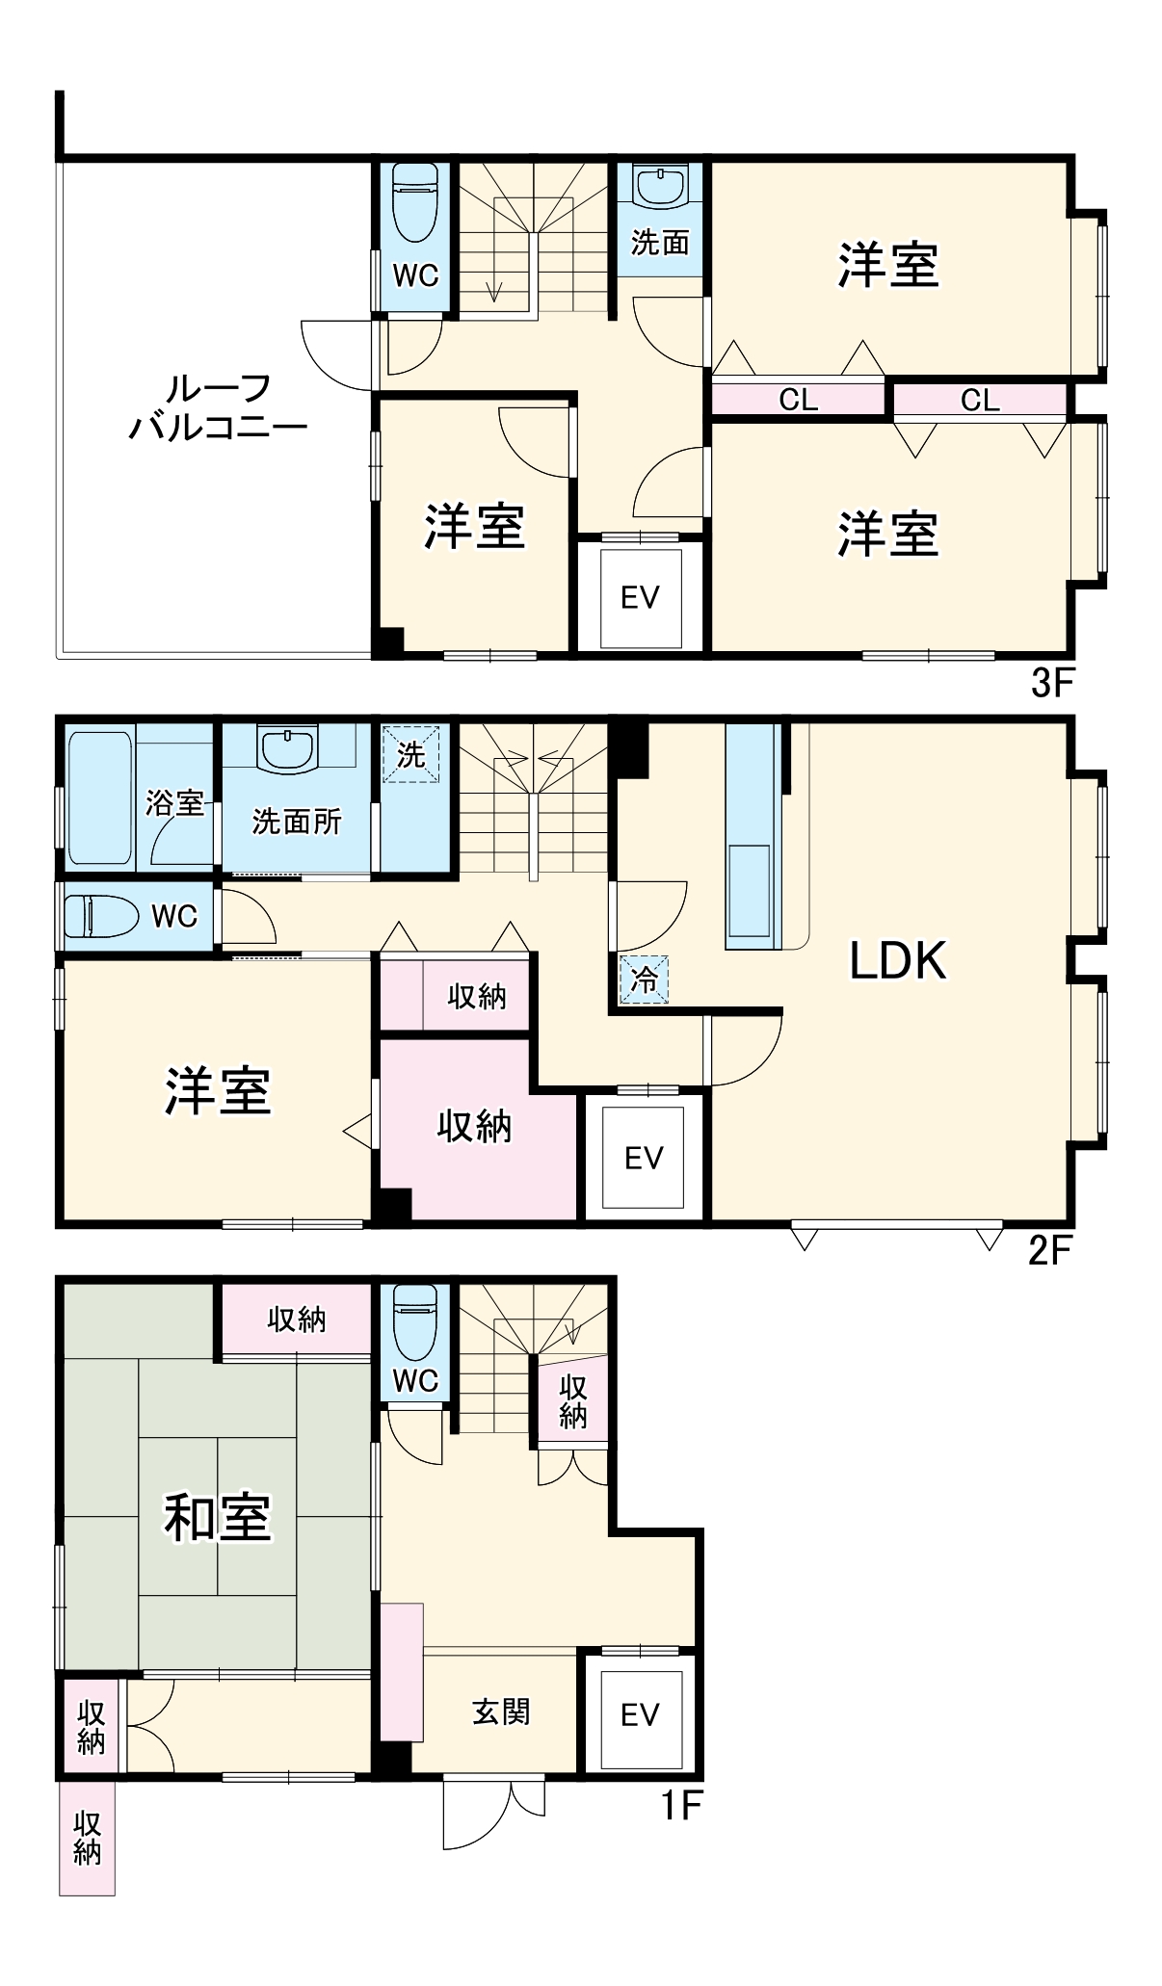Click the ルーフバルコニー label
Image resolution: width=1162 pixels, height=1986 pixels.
tap(218, 406)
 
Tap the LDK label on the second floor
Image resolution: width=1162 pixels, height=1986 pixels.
tap(897, 959)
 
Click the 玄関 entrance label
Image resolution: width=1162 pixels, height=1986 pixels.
tap(501, 1712)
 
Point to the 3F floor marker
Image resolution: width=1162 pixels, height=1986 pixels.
tap(1051, 683)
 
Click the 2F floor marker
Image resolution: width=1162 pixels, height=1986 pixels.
tap(1049, 1250)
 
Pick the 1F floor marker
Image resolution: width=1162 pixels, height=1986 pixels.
tap(681, 1805)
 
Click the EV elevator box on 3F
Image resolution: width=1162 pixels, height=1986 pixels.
tap(641, 598)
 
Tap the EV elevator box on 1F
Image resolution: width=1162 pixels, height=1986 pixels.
tap(641, 1714)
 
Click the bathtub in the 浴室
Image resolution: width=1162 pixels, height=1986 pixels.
tap(99, 797)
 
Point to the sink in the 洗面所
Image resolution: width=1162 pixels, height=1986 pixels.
tap(288, 748)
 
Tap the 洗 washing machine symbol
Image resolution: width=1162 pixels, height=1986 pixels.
tap(411, 754)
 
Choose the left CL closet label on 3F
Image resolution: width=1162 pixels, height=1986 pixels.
tap(799, 399)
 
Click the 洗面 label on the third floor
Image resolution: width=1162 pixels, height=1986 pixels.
tap(660, 243)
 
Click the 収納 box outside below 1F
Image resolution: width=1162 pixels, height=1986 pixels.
tap(87, 1838)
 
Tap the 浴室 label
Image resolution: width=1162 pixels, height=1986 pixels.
tap(174, 802)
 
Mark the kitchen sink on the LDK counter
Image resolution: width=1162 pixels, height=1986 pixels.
tap(749, 890)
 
